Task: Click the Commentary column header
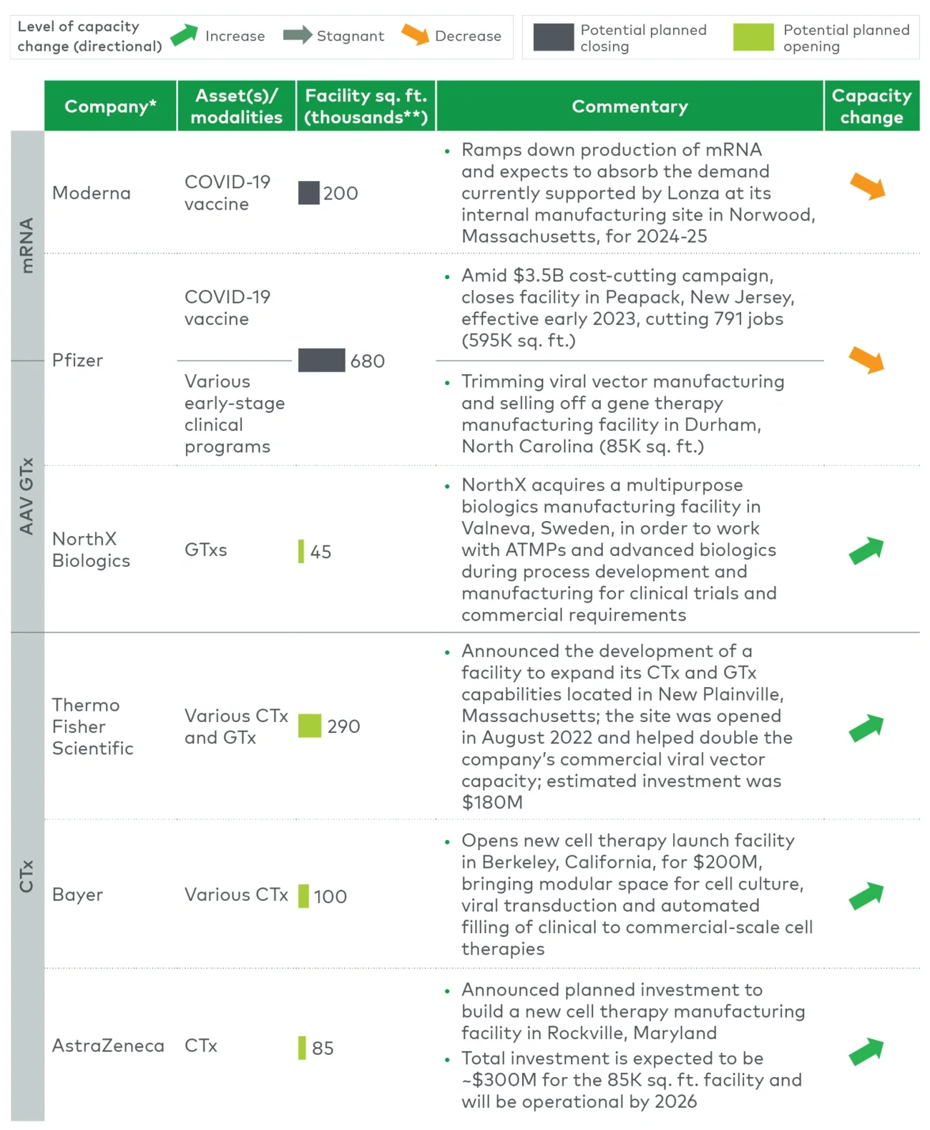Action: tap(630, 106)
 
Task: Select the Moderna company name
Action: tap(92, 193)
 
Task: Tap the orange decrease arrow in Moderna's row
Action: tap(868, 187)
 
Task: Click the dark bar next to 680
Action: tap(321, 361)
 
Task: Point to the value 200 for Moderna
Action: tap(341, 193)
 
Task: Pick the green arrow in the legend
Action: tap(184, 35)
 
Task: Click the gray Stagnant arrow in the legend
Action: tap(298, 35)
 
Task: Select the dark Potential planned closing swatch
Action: tap(553, 37)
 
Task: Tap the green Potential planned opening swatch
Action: tap(753, 37)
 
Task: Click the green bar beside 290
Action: tap(310, 726)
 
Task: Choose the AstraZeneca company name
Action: tap(108, 1046)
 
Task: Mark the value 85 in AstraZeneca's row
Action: tap(323, 1048)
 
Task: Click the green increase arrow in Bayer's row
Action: tap(866, 895)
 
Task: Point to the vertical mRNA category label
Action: tap(27, 245)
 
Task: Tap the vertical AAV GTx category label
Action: tap(27, 496)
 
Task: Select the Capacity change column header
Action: tap(871, 106)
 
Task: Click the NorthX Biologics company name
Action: tap(91, 550)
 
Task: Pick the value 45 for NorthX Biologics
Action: tap(320, 552)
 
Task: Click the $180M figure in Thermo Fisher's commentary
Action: tap(492, 802)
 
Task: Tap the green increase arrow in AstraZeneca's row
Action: tap(866, 1051)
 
